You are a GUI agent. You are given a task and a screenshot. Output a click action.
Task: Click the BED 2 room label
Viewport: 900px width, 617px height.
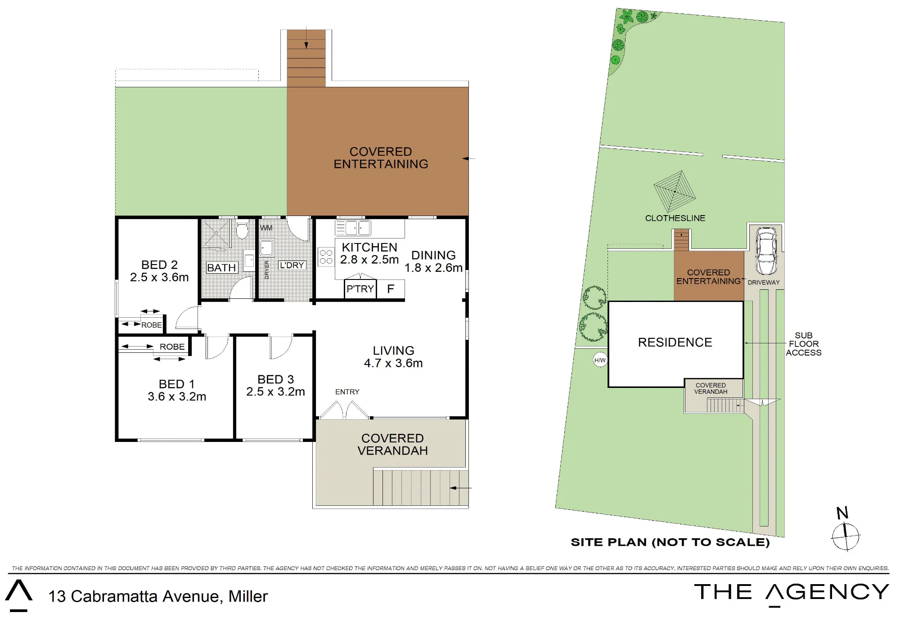(159, 271)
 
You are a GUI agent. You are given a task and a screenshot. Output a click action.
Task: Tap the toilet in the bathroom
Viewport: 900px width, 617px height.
(243, 229)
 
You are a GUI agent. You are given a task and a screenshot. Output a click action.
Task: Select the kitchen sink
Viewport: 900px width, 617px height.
(353, 228)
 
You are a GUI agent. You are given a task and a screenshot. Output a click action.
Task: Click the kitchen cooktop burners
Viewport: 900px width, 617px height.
(326, 257)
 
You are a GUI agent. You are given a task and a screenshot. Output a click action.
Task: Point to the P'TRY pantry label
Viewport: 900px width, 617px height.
(360, 288)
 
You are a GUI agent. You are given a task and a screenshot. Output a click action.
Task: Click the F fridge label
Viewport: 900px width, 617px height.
(391, 288)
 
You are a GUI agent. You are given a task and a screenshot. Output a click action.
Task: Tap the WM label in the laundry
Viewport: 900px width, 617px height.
(266, 228)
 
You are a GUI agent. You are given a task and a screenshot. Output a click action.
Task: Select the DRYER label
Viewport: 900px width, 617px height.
(266, 270)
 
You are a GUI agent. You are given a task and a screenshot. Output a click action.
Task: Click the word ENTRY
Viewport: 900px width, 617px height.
(347, 392)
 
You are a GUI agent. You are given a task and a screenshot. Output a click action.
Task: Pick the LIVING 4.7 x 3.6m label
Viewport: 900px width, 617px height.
(393, 357)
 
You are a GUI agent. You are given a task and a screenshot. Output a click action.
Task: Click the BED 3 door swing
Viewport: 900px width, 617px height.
(281, 347)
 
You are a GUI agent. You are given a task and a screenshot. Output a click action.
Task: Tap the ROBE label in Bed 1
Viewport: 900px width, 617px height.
(172, 347)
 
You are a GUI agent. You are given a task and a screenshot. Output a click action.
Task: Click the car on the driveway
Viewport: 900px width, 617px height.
(766, 251)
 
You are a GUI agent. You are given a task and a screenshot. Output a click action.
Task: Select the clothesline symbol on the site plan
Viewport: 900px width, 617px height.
(675, 191)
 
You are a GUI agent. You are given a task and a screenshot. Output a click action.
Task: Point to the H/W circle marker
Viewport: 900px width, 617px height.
(600, 360)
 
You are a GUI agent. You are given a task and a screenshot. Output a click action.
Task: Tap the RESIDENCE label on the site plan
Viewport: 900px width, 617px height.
(675, 342)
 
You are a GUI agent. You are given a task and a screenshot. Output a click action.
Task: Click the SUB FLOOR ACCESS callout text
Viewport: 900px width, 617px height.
(804, 344)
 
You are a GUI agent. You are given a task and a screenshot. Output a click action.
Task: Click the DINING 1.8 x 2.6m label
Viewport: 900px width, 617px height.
(433, 261)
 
